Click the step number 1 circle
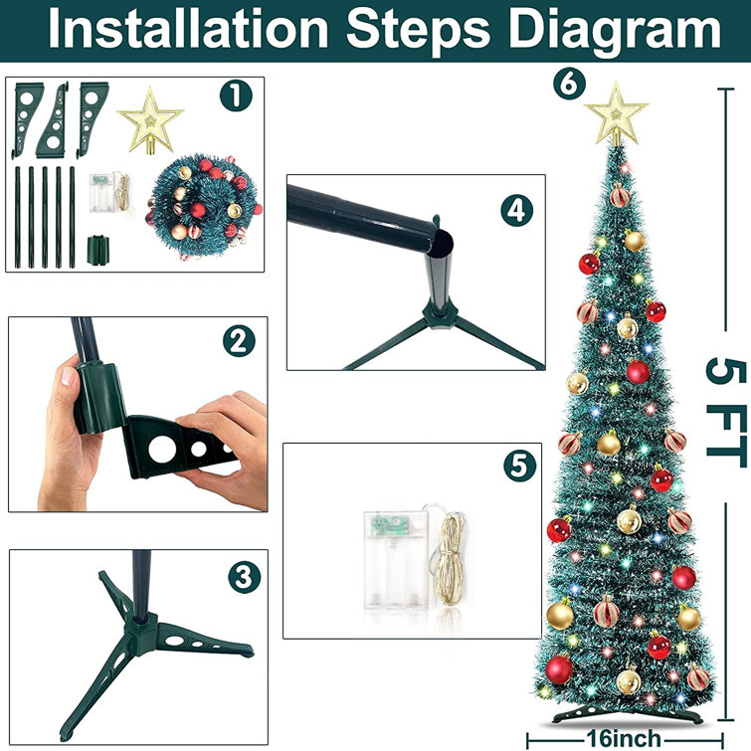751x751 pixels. (x=237, y=97)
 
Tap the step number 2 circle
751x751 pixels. (x=236, y=342)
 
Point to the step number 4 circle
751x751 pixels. (x=517, y=210)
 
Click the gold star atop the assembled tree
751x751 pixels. (x=616, y=114)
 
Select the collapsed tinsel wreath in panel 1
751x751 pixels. (x=202, y=204)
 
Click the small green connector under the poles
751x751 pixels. (x=98, y=246)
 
